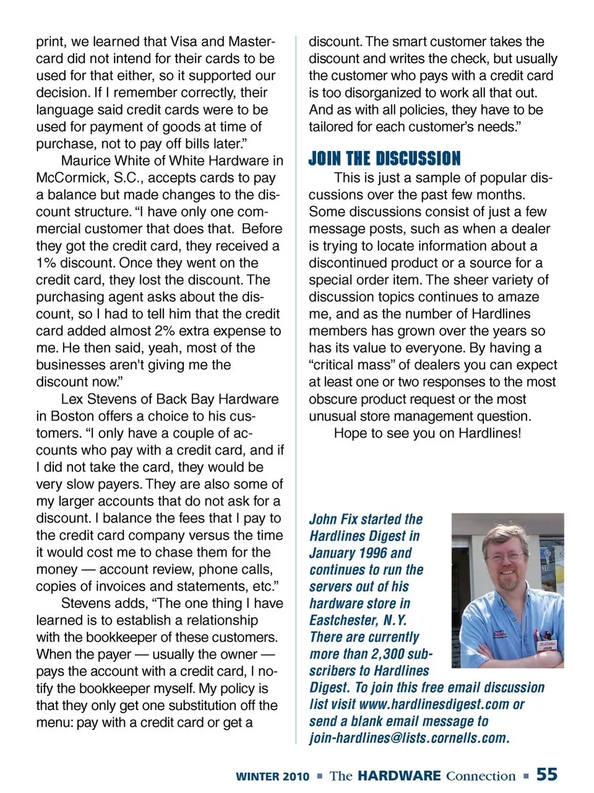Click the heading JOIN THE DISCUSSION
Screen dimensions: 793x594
click(384, 158)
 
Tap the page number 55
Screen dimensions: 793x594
click(547, 774)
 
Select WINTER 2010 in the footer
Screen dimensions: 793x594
click(272, 776)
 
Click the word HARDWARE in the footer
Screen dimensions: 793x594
click(399, 776)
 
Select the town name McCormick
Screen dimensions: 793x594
click(72, 178)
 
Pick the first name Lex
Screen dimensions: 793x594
click(72, 399)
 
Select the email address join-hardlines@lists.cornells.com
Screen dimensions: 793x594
click(410, 739)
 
